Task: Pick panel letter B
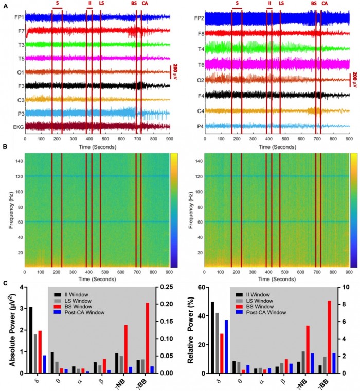(5, 147)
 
